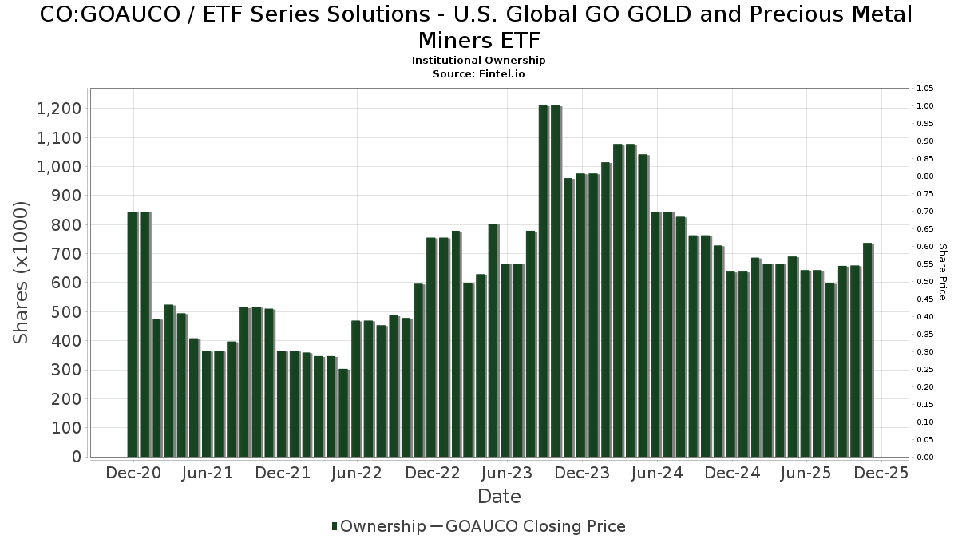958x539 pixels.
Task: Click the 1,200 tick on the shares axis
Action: pos(59,109)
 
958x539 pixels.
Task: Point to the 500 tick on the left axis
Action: pos(67,312)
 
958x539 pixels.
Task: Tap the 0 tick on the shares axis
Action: pos(77,457)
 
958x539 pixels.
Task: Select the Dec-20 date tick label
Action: pos(133,473)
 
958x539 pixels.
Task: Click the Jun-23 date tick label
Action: pos(506,473)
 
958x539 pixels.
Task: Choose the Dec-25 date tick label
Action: pos(881,473)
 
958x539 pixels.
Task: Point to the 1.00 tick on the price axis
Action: pos(925,106)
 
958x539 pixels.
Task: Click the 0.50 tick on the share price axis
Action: pos(925,282)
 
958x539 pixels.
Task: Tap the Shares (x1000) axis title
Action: pos(22,272)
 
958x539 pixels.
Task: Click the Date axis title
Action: pos(499,497)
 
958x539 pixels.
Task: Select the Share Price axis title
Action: pos(942,272)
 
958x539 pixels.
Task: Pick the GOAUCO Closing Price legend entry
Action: pos(535,526)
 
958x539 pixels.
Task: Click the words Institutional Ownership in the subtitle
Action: pos(479,61)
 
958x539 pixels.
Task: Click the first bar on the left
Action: pos(133,335)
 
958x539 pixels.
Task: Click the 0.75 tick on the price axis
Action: pos(925,194)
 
